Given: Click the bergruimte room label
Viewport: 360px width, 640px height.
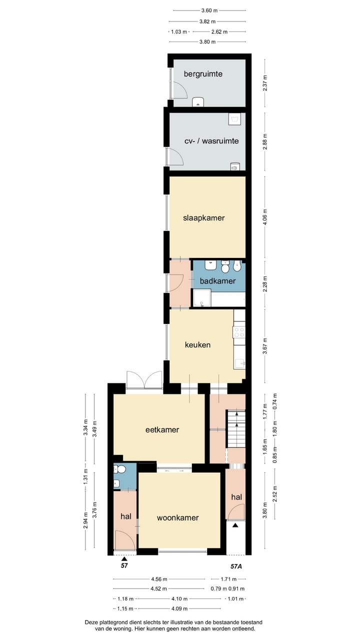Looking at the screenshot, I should tap(203, 74).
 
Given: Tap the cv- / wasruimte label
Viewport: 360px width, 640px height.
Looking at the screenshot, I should tap(211, 141).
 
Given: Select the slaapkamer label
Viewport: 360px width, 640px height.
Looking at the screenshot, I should tap(203, 218).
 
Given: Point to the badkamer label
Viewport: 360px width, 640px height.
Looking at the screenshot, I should tap(217, 281).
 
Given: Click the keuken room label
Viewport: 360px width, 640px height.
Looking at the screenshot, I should tap(197, 344).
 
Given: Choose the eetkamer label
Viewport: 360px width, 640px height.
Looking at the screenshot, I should tap(162, 429).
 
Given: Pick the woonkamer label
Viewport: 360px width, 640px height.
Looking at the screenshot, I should tap(177, 517).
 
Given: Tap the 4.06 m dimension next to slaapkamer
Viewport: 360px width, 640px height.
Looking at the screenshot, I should tap(265, 217).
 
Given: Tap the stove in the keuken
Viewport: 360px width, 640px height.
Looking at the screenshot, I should tap(239, 332).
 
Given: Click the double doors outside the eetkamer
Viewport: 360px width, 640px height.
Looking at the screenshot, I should tap(144, 379).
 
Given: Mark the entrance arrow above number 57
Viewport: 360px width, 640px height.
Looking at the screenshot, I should tap(124, 558).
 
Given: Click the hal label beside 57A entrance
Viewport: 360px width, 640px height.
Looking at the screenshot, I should tap(236, 497).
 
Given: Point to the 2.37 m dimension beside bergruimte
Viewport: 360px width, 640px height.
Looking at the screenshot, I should tap(265, 83).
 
